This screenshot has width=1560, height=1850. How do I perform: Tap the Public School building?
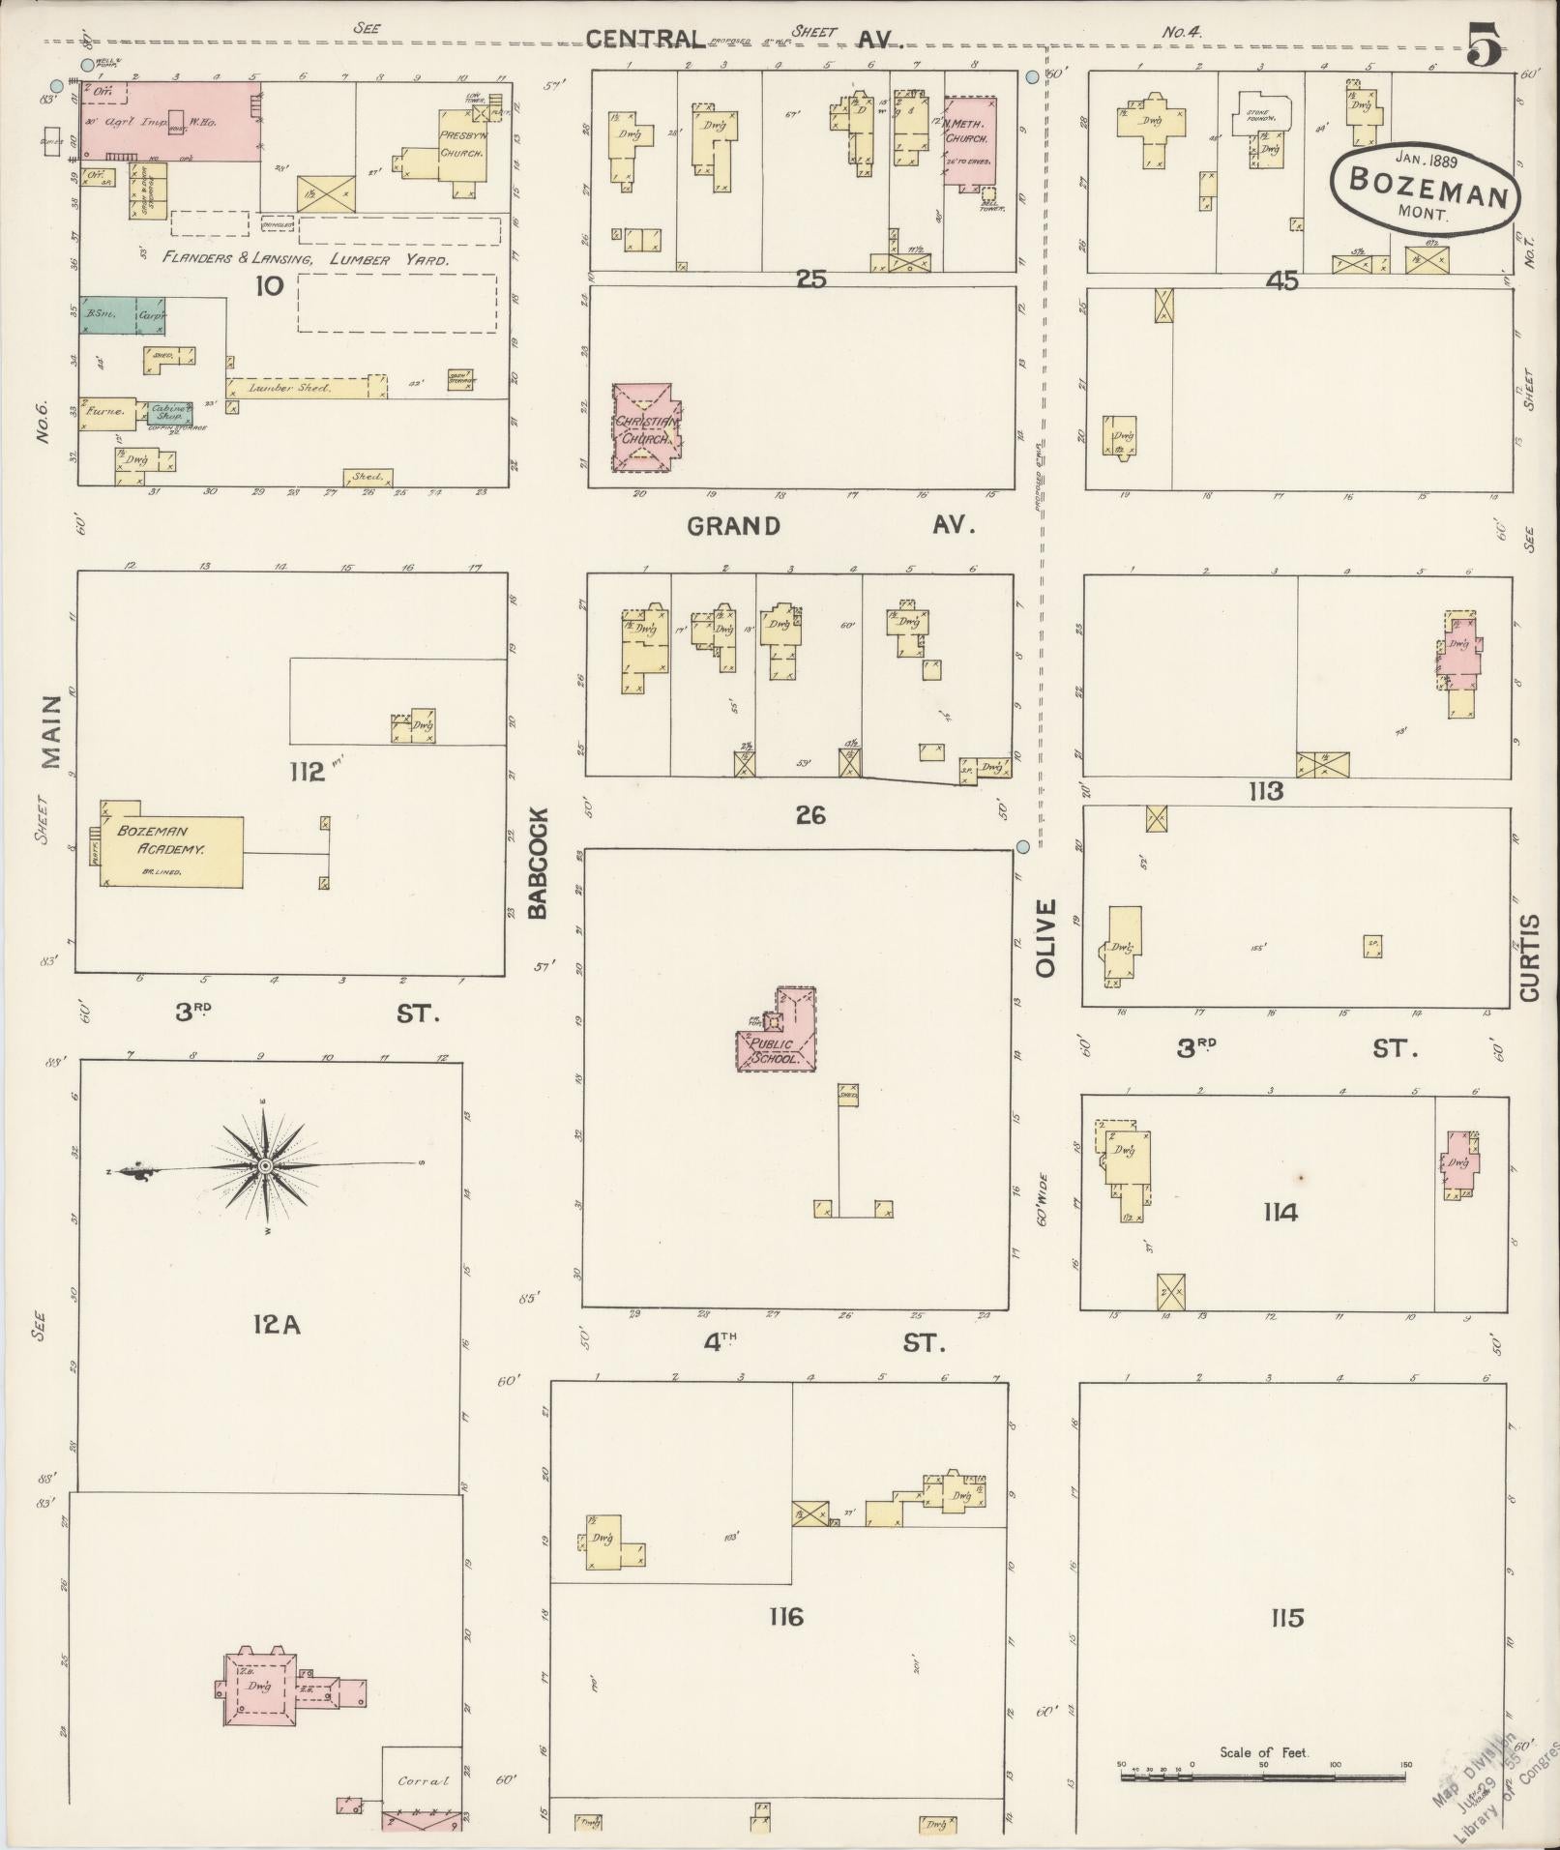coord(778,1042)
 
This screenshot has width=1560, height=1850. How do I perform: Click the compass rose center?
coord(263,1167)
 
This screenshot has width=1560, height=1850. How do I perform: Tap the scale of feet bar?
coord(1263,1777)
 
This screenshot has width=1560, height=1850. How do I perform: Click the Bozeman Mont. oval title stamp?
coord(1425,188)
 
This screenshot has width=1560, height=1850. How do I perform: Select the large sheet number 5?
coord(1484,46)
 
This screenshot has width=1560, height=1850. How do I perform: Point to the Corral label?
coord(423,1780)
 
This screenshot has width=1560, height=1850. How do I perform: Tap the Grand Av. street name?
coord(830,526)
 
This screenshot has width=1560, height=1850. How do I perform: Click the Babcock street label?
coord(538,864)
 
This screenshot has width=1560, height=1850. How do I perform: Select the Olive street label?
coord(1045,937)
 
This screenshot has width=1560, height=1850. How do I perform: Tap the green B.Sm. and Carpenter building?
coord(122,315)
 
